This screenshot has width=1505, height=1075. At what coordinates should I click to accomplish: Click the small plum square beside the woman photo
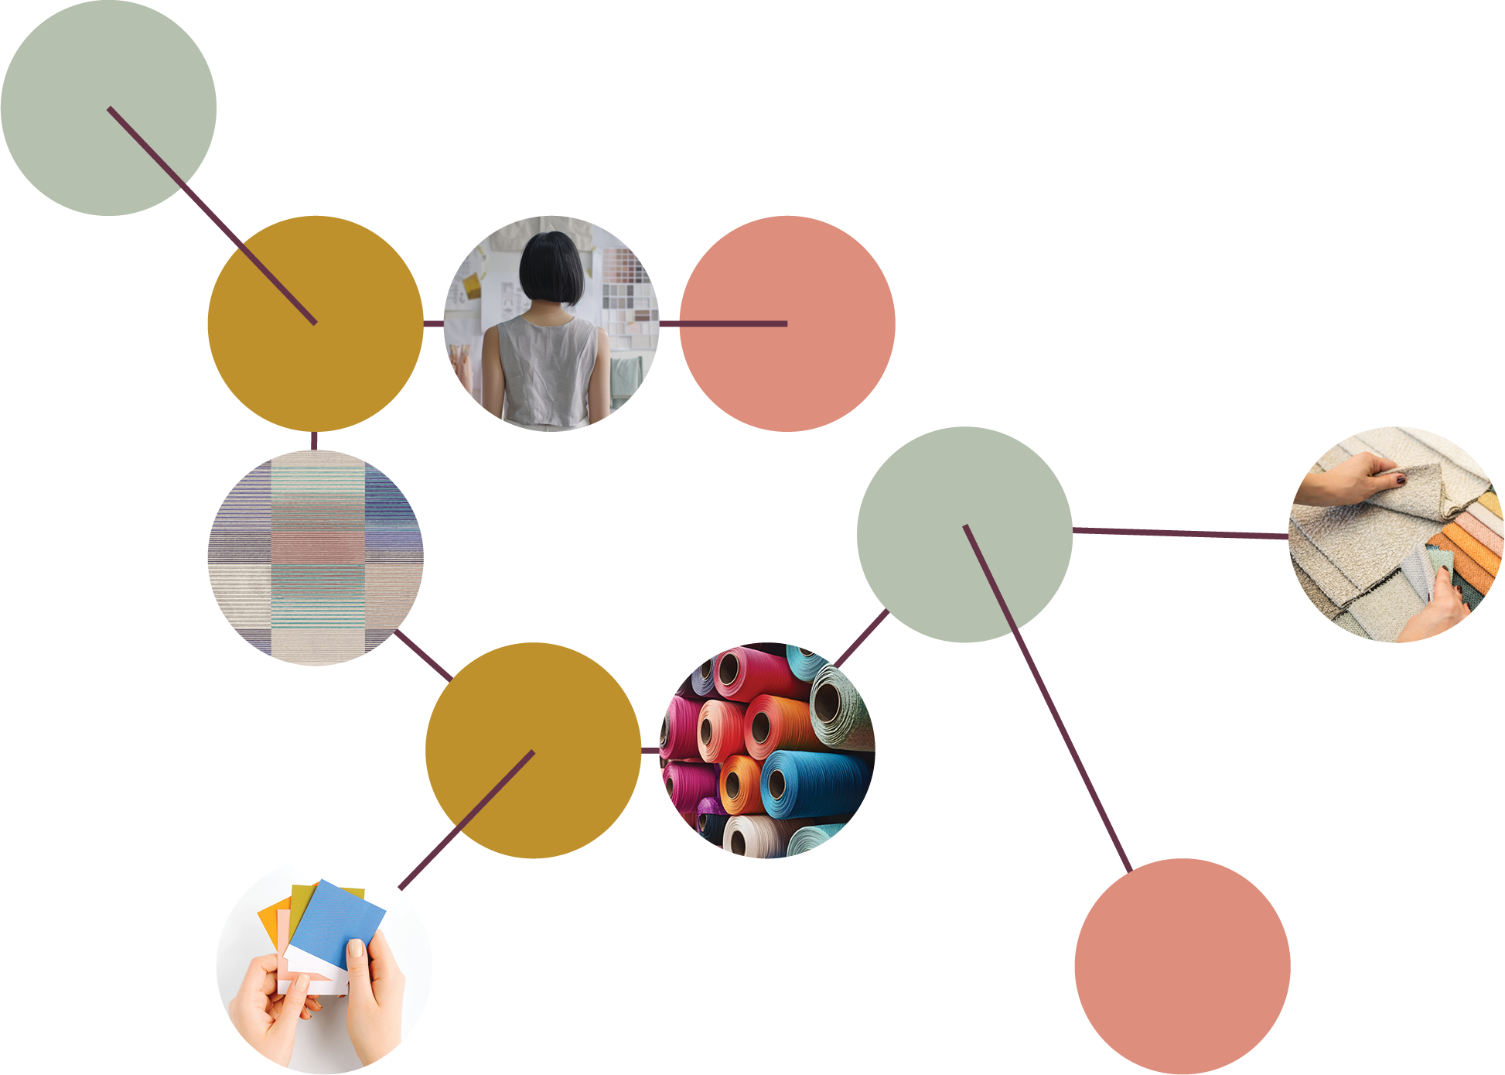pos(669,328)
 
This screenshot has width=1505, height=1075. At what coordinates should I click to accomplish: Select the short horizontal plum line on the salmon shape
pos(735,324)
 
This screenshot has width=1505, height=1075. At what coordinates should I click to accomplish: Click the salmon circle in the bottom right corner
pos(1284,967)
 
